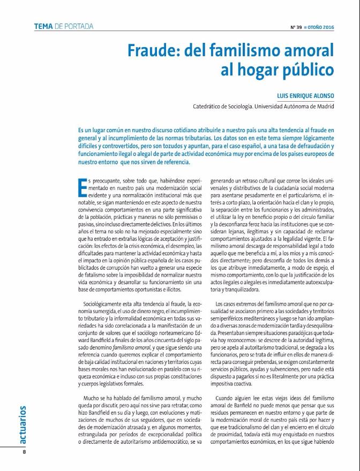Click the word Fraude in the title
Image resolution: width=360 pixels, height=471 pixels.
coord(152,50)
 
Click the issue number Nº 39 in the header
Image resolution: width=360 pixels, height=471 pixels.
coord(296,27)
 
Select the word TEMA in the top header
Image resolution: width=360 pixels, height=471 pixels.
coord(43,26)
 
